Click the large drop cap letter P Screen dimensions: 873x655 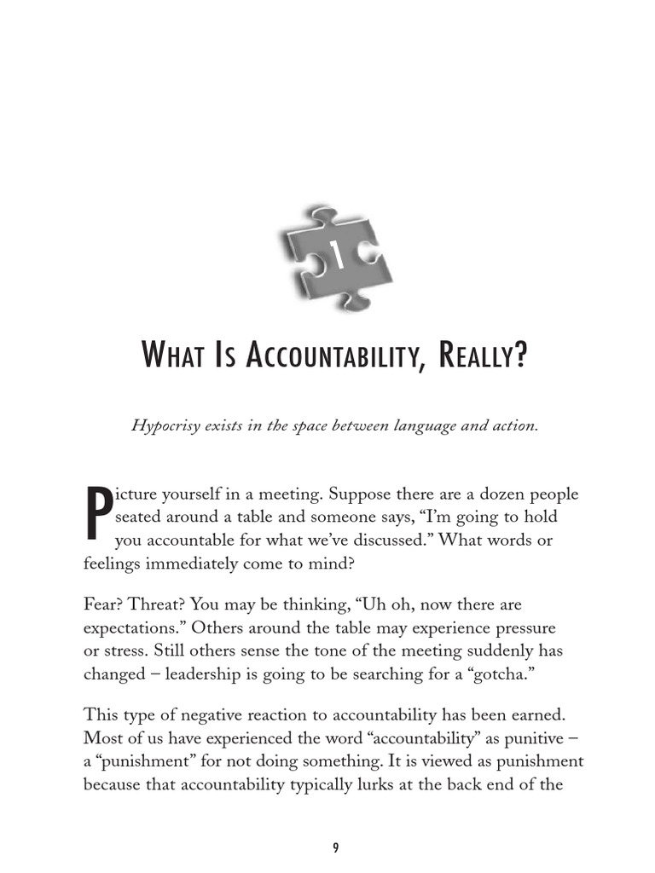pyautogui.click(x=97, y=515)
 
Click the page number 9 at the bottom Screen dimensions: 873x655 pyautogui.click(x=335, y=847)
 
